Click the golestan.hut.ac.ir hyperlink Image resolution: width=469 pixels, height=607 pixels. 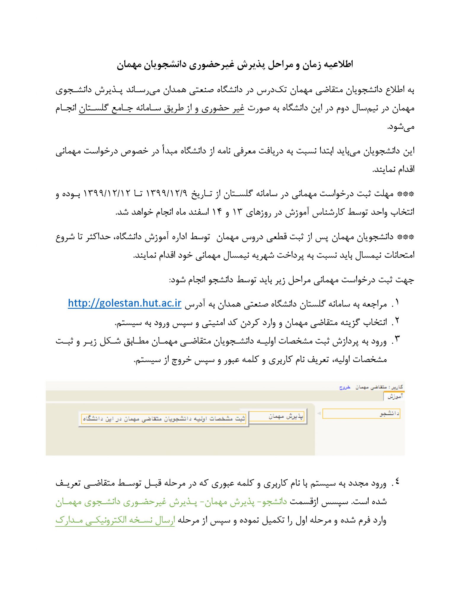[x=124, y=303]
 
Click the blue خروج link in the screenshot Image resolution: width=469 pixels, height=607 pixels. [x=345, y=387]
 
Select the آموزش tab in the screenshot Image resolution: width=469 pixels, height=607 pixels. [x=395, y=396]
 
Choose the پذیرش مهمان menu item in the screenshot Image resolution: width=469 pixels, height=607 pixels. [x=278, y=416]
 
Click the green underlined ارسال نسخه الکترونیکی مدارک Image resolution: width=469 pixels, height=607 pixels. [x=115, y=520]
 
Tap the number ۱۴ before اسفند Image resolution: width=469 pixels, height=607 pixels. [x=217, y=212]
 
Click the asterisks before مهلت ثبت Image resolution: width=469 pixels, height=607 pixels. [x=406, y=194]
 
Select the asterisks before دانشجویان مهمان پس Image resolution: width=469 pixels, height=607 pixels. [x=406, y=237]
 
